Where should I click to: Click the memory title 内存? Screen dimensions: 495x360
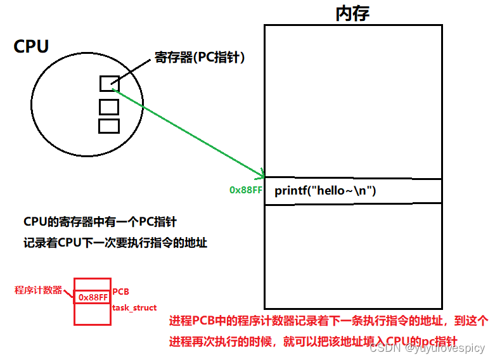pyautogui.click(x=352, y=13)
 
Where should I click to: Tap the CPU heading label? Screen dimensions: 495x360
pyautogui.click(x=32, y=46)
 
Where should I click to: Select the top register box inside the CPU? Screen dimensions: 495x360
pyautogui.click(x=109, y=84)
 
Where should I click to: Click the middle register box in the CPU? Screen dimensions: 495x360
pyautogui.click(x=109, y=106)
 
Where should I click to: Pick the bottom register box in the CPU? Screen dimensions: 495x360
pyautogui.click(x=109, y=126)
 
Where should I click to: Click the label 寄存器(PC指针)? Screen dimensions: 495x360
pyautogui.click(x=200, y=58)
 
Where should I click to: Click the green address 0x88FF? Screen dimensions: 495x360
pyautogui.click(x=246, y=190)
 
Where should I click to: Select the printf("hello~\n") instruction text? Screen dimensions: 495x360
pyautogui.click(x=325, y=191)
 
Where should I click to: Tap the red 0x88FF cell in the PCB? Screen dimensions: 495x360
pyautogui.click(x=93, y=297)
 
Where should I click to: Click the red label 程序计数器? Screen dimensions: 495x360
pyautogui.click(x=38, y=290)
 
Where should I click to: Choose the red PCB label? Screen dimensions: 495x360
pyautogui.click(x=121, y=292)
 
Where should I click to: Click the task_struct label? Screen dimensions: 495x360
pyautogui.click(x=134, y=307)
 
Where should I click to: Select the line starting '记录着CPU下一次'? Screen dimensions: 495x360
pyautogui.click(x=115, y=243)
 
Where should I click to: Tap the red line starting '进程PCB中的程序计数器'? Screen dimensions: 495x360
pyautogui.click(x=328, y=321)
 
